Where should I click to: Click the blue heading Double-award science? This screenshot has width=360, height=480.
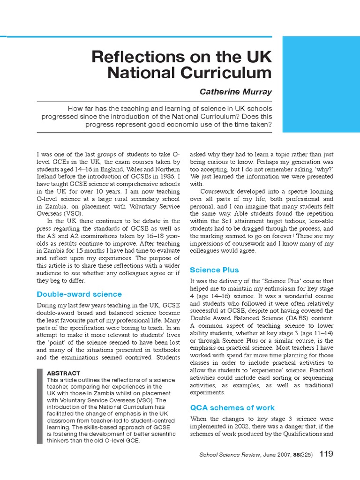[79, 294]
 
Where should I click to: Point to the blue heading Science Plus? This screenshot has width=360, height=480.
[214, 270]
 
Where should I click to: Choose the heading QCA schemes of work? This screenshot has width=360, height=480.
[232, 407]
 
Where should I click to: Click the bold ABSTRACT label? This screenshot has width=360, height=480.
[64, 373]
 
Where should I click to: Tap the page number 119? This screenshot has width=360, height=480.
[327, 454]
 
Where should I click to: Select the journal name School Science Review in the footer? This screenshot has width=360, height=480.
[226, 454]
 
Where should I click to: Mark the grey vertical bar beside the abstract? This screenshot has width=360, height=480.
[39, 406]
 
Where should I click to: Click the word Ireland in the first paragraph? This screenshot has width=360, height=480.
[47, 176]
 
